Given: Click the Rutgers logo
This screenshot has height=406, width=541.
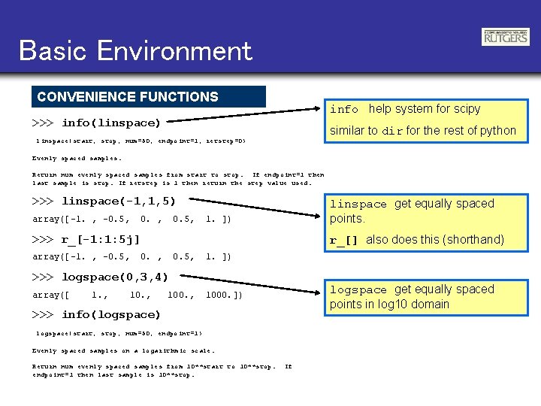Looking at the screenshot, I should click(505, 37).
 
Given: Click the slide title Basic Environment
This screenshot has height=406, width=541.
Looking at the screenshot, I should click(135, 50).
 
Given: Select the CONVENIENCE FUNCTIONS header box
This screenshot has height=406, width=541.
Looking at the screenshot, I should click(149, 96).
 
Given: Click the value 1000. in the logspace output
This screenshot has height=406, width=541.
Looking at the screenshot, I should click(223, 295).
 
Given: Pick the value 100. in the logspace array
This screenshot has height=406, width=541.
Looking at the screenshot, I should click(180, 295).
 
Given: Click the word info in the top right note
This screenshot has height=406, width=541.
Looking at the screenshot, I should click(344, 110).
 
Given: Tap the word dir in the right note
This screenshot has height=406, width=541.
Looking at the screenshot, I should click(393, 131).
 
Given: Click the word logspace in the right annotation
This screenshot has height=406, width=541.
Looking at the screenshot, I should click(358, 290).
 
